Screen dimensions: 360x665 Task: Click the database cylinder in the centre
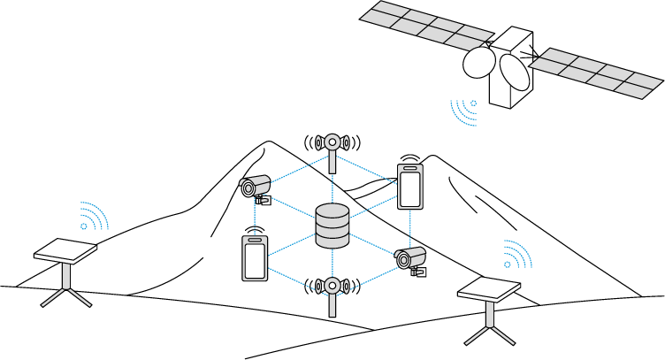pyautogui.click(x=332, y=226)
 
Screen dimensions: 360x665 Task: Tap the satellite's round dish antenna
pyautogui.click(x=478, y=63)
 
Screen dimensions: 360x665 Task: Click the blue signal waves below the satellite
pyautogui.click(x=464, y=111)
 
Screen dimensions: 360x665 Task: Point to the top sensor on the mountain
pyautogui.click(x=332, y=143)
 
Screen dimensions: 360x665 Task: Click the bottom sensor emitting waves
pyautogui.click(x=332, y=287)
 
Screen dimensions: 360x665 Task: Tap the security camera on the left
pyautogui.click(x=254, y=188)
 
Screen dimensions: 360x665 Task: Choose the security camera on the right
pyautogui.click(x=409, y=258)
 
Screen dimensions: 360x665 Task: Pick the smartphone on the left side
pyautogui.click(x=255, y=258)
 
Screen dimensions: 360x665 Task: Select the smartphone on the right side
pyautogui.click(x=409, y=187)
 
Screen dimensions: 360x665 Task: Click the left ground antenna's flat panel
pyautogui.click(x=65, y=251)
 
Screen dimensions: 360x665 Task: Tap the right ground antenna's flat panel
pyautogui.click(x=489, y=288)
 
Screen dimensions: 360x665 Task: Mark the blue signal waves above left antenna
pyautogui.click(x=92, y=217)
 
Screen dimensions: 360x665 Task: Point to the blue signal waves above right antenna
pyautogui.click(x=516, y=255)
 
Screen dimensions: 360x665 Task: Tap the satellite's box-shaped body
pyautogui.click(x=513, y=66)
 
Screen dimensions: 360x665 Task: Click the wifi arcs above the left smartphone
pyautogui.click(x=255, y=230)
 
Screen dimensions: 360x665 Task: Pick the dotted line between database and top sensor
pyautogui.click(x=332, y=188)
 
